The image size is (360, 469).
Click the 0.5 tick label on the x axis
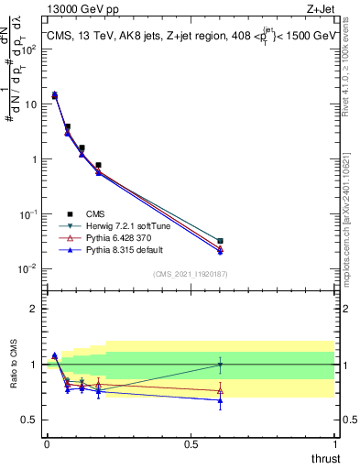tap(191, 444)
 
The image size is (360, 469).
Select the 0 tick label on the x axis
tap(46, 444)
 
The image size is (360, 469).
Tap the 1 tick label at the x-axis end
tap(335, 444)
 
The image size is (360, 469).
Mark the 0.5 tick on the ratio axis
tap(31, 420)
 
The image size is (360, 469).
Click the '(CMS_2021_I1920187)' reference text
tap(190, 273)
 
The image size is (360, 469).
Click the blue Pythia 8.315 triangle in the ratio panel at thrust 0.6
tap(219, 400)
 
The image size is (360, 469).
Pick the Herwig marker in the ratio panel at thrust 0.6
tap(219, 365)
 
